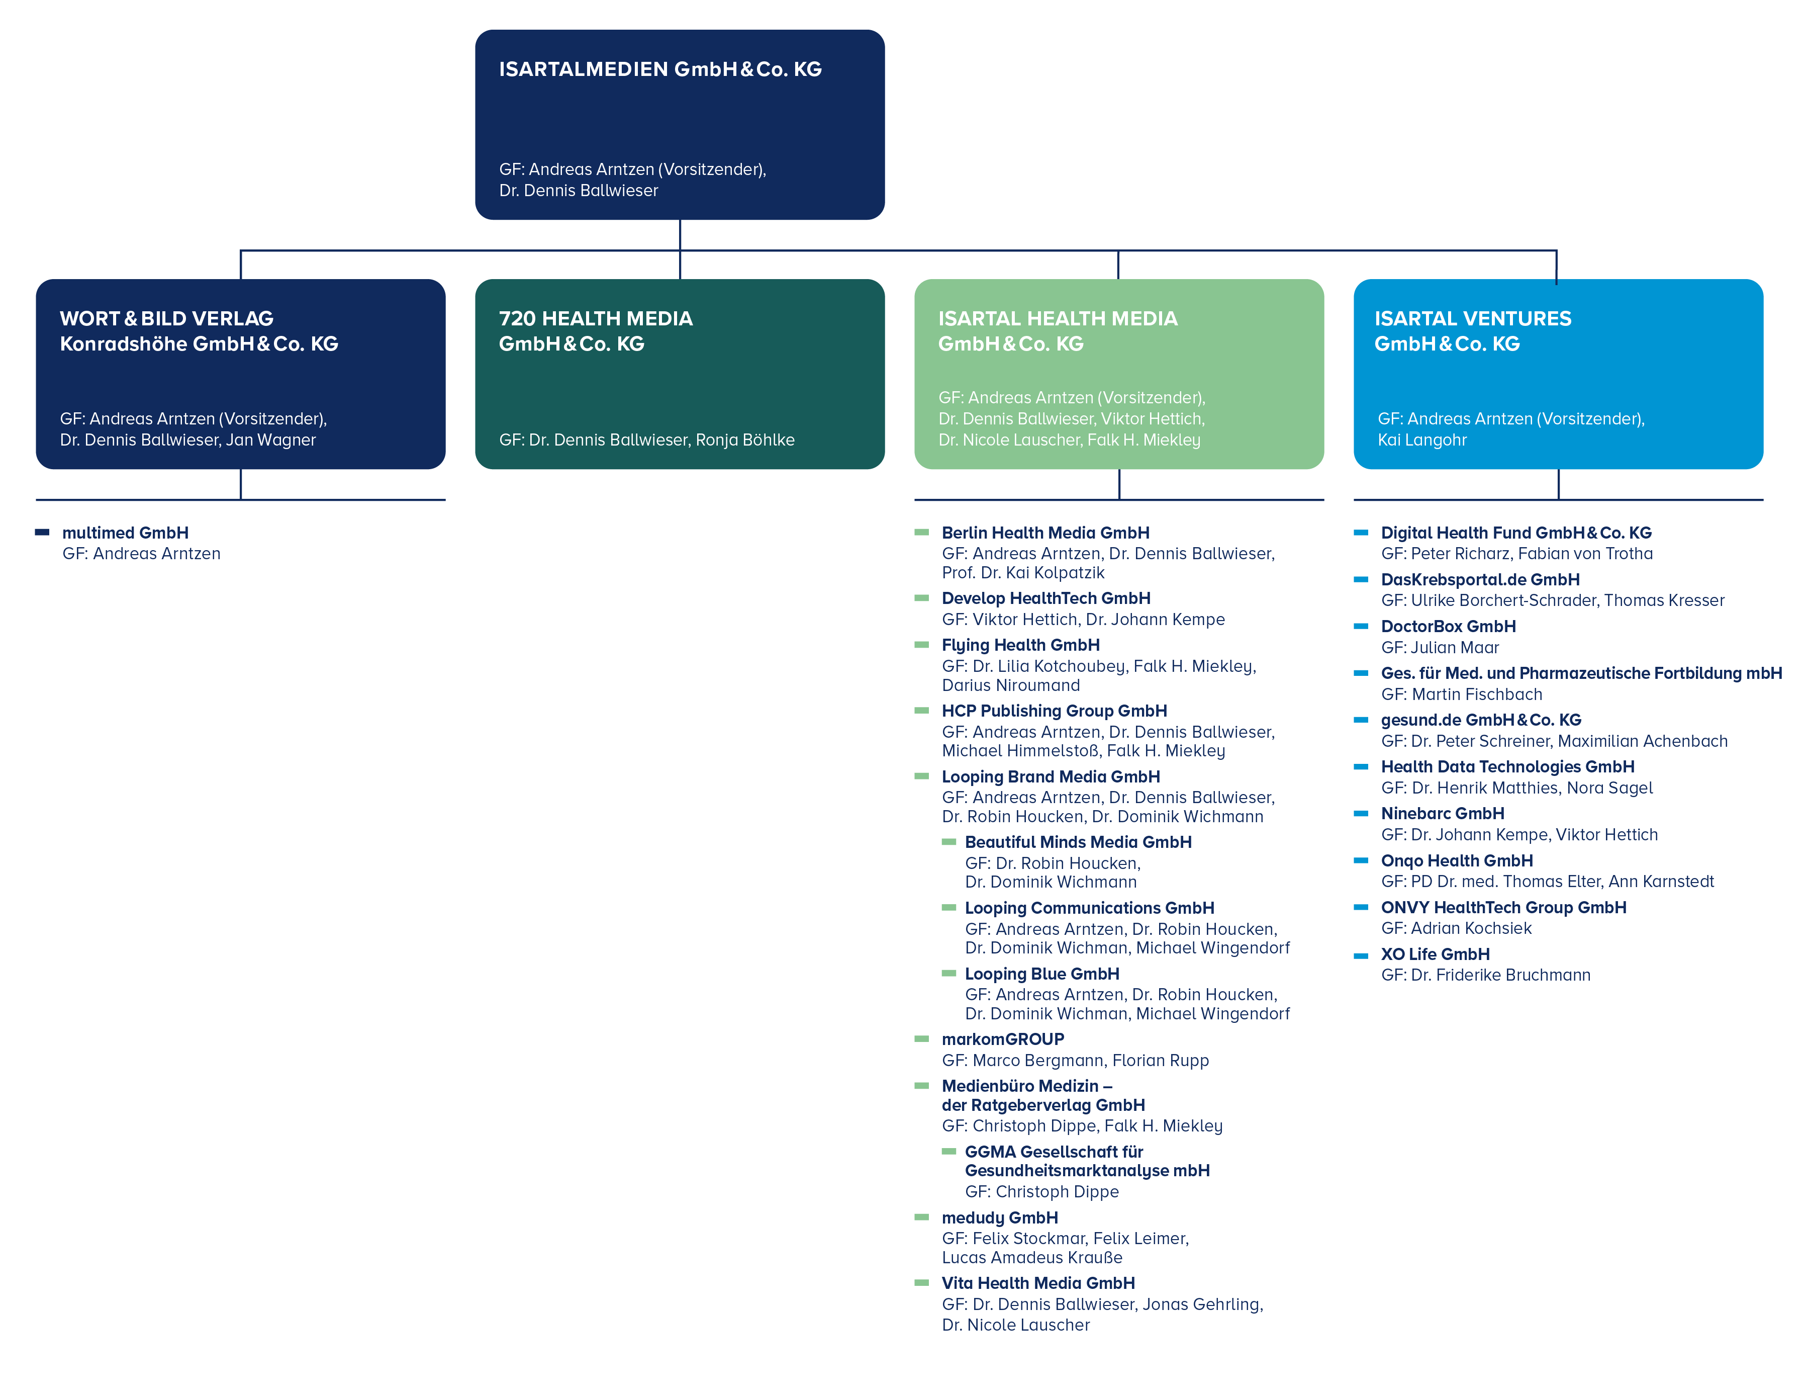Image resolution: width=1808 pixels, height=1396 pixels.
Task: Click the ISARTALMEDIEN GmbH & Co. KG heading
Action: pos(660,69)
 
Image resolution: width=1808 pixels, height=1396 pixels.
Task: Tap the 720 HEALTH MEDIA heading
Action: pos(595,319)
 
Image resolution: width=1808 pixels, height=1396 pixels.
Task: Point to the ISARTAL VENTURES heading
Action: pos(1473,319)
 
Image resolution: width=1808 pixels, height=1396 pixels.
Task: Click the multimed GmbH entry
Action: pos(125,533)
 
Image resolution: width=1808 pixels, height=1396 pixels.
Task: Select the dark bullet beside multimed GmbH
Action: pos(42,533)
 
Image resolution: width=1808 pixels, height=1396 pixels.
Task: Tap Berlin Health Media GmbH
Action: pos(1045,533)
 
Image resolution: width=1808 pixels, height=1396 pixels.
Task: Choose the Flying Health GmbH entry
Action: pos(1021,645)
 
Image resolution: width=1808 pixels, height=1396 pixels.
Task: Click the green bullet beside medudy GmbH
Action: pos(921,1217)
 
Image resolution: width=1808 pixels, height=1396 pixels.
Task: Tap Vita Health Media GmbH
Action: pos(1038,1283)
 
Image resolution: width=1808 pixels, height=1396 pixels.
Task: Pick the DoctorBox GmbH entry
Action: pos(1448,627)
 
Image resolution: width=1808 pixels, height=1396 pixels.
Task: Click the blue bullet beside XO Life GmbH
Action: pos(1361,955)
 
